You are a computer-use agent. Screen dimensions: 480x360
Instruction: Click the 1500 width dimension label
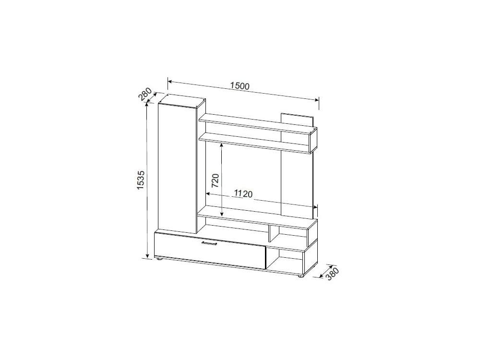pyautogui.click(x=240, y=86)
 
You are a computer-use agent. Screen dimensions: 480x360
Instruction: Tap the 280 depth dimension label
pyautogui.click(x=145, y=94)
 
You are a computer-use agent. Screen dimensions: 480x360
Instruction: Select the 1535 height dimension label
pyautogui.click(x=141, y=180)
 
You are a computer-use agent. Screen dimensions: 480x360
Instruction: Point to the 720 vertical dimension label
pyautogui.click(x=215, y=180)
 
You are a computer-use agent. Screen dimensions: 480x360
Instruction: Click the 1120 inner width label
pyautogui.click(x=243, y=193)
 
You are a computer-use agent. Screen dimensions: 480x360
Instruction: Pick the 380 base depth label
pyautogui.click(x=332, y=274)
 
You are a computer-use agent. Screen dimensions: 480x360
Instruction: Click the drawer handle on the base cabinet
pyautogui.click(x=209, y=243)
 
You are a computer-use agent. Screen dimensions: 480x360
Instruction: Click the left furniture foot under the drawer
pyautogui.click(x=159, y=259)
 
